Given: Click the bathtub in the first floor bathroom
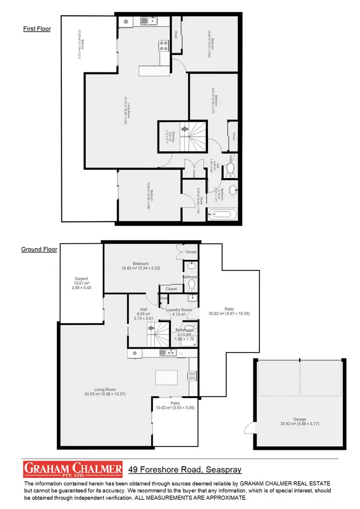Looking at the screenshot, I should pyautogui.click(x=222, y=213).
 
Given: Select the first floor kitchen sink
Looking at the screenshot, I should pyautogui.click(x=148, y=21).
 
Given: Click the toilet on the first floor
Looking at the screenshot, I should pyautogui.click(x=230, y=168).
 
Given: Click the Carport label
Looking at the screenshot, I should pyautogui.click(x=81, y=279).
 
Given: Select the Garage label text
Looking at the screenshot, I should pyautogui.click(x=300, y=419).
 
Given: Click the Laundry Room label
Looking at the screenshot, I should pyautogui.click(x=179, y=310).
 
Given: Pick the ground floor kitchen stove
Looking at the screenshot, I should pyautogui.click(x=192, y=376).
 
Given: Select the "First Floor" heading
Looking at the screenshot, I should pyautogui.click(x=37, y=29).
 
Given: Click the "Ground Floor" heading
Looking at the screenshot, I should pyautogui.click(x=39, y=249).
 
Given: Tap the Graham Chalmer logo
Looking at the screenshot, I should pyautogui.click(x=72, y=468).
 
